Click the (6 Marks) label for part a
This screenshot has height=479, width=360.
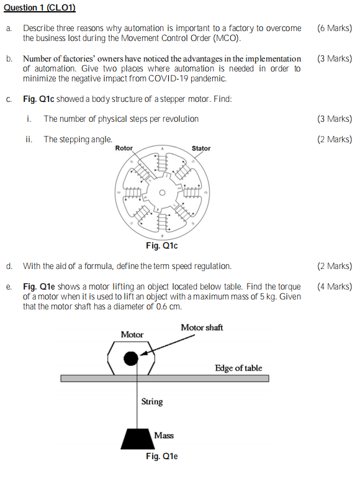pos(334,29)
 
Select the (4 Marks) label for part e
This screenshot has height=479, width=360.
pos(334,286)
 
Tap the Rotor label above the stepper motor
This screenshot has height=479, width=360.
pos(124,148)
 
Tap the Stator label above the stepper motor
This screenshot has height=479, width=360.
pos(201,148)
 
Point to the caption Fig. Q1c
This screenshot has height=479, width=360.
pos(161,246)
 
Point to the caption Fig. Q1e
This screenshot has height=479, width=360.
pos(161,457)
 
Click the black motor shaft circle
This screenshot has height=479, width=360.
pos(130,358)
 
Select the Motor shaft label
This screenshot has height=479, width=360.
pos(202,327)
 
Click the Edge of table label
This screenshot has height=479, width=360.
pos(238,368)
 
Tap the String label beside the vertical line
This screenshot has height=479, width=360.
pos(151,401)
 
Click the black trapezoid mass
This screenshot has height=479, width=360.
pos(137,439)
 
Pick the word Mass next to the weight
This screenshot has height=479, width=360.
pos(164,436)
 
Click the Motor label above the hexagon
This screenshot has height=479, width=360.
pos(132,334)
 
